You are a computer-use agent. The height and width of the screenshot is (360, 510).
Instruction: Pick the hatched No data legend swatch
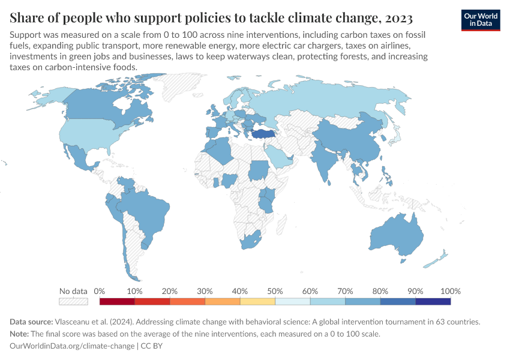[73, 301]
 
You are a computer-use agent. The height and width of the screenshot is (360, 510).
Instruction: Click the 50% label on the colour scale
[275, 291]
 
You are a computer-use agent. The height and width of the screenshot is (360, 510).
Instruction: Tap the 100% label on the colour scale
[450, 291]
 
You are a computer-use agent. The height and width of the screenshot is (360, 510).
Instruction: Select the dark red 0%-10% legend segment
[117, 301]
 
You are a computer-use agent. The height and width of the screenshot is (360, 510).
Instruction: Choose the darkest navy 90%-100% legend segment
[433, 301]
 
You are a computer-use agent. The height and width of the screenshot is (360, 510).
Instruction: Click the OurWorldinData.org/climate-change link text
[72, 346]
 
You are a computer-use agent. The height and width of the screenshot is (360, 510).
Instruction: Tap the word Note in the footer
[21, 334]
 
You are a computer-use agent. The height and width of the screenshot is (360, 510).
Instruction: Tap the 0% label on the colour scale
[100, 291]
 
